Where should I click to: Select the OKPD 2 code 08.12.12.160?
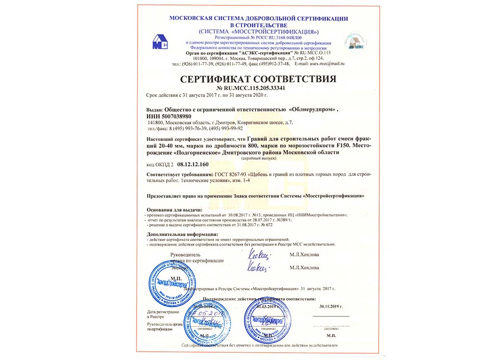(x=192, y=165)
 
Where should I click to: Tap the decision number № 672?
(x=266, y=224)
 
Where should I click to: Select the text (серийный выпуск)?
(x=259, y=158)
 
